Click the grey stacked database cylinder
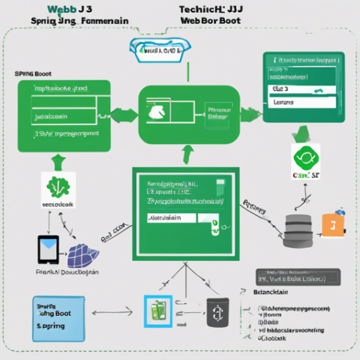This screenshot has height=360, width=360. coord(299,230)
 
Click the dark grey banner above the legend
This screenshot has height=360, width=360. coord(289,277)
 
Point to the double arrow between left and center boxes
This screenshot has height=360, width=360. coord(124,115)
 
